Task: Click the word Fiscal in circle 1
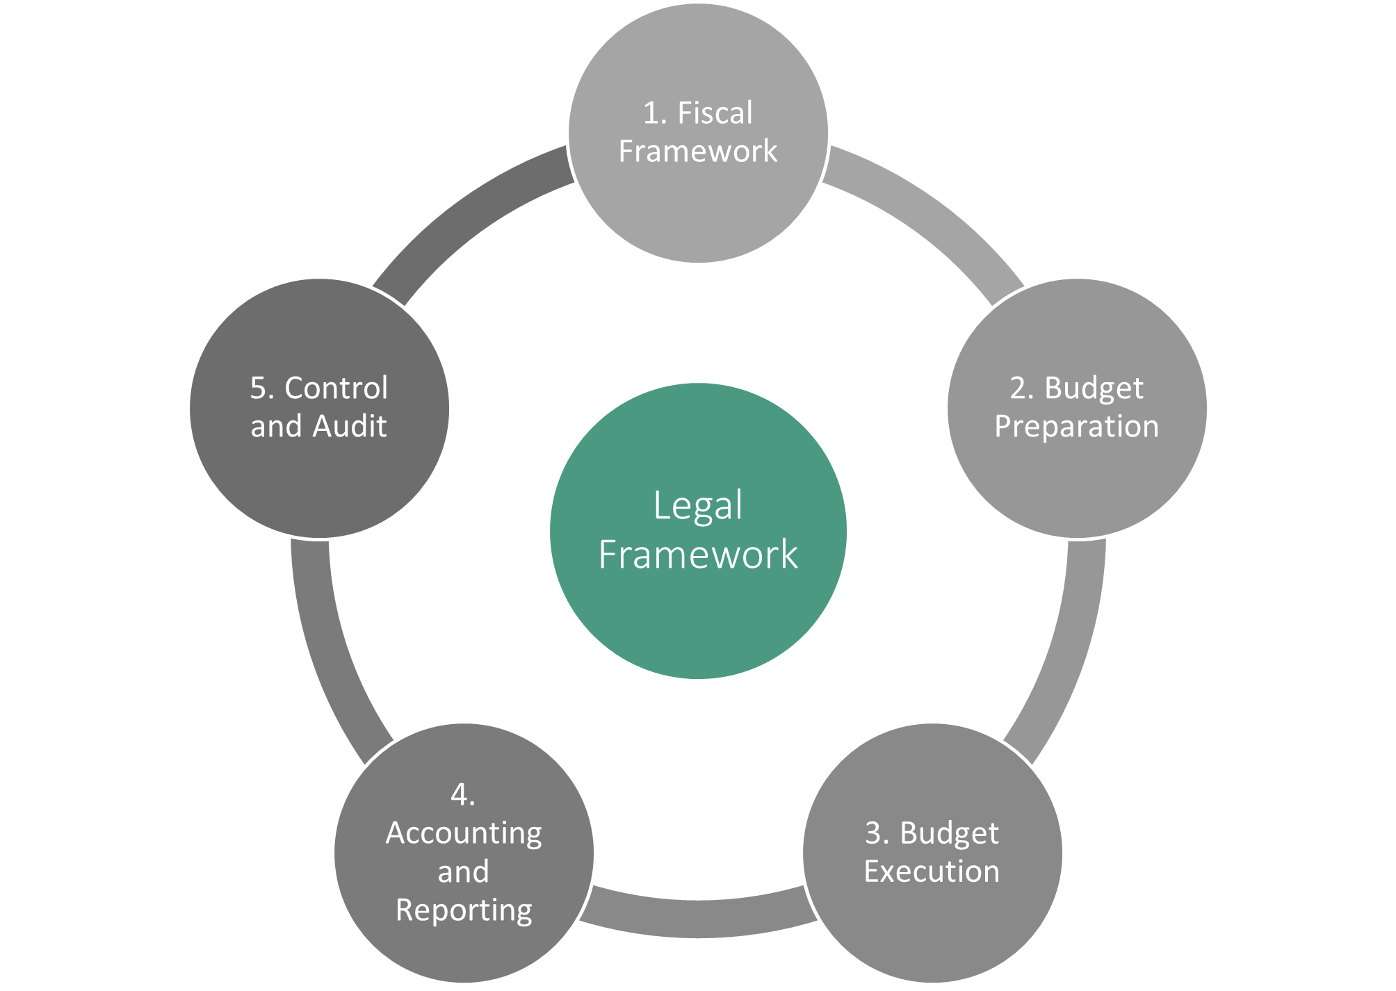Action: (715, 113)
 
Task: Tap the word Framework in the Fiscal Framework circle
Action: (698, 151)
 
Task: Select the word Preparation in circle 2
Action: (1077, 426)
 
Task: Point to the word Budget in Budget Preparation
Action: (1094, 388)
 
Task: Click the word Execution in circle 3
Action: (932, 871)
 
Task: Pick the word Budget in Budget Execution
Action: (949, 833)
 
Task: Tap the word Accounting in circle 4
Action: (464, 833)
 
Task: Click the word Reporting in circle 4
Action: (464, 910)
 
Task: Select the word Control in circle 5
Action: (336, 388)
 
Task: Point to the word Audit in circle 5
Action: (351, 426)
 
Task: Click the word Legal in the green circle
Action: (698, 505)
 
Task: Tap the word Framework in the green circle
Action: (698, 555)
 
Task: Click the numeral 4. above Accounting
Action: (463, 794)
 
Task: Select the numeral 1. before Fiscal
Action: (655, 113)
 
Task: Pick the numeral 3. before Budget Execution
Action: (877, 833)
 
